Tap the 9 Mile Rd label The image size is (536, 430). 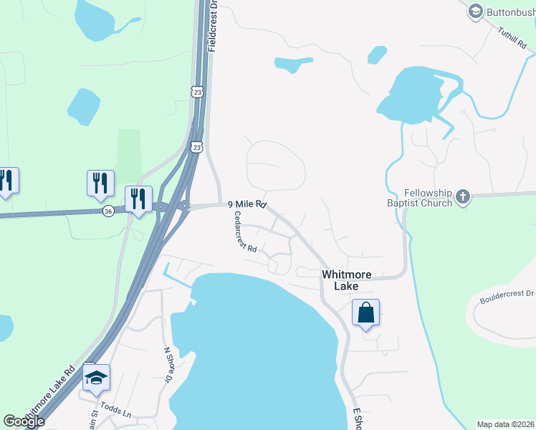click(x=247, y=205)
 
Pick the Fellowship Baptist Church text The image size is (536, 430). click(x=428, y=198)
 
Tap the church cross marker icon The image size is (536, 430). click(x=463, y=196)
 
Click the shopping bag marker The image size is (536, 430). click(x=365, y=313)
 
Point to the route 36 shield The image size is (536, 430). click(x=107, y=211)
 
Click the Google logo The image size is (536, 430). click(x=24, y=421)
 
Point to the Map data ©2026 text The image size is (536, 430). click(x=506, y=424)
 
